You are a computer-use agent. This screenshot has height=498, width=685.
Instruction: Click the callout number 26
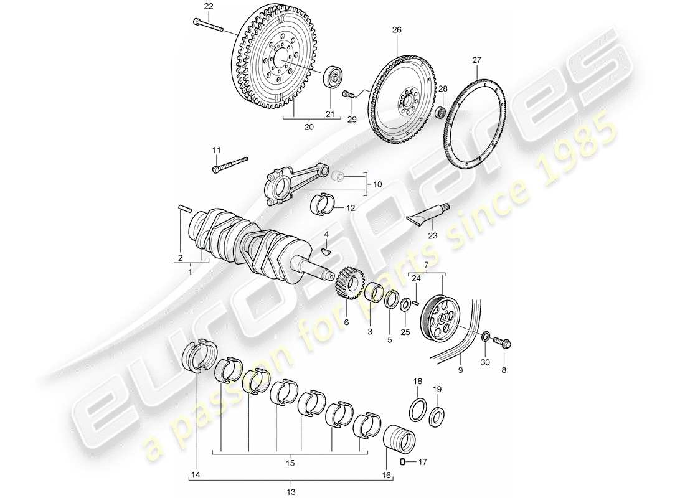click(x=397, y=29)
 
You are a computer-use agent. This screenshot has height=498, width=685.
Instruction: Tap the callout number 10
click(x=377, y=186)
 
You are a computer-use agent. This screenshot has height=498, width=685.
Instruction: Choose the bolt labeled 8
click(x=503, y=343)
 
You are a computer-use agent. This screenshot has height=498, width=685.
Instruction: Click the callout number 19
click(x=438, y=389)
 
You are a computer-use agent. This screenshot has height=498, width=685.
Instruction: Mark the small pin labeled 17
click(x=403, y=461)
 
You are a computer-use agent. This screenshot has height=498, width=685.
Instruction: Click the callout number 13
click(x=290, y=492)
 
